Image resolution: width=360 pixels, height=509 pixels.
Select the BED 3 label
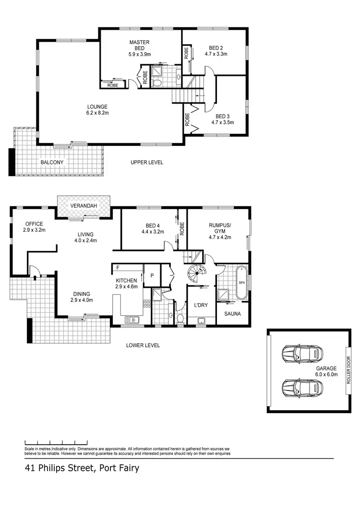(x=222, y=116)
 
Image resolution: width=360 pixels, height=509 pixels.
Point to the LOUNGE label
(x=97, y=107)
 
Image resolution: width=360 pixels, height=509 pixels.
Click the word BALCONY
(x=52, y=162)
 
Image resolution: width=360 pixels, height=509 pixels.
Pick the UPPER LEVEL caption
(x=147, y=162)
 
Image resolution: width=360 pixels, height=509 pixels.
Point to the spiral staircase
(x=195, y=276)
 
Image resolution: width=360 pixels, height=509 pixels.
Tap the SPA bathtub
(x=241, y=283)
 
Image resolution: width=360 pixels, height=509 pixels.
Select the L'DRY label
(x=201, y=305)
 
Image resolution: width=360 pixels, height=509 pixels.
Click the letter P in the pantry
(x=152, y=275)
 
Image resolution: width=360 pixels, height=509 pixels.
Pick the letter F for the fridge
(x=117, y=268)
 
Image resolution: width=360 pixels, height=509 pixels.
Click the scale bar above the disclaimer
(x=56, y=441)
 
